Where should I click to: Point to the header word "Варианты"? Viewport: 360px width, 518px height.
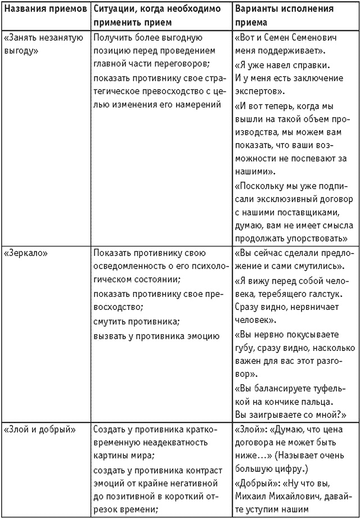pos(256,10)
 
